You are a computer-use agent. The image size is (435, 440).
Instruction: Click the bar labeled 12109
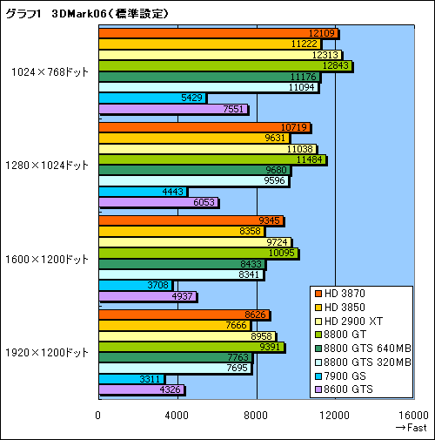(217, 33)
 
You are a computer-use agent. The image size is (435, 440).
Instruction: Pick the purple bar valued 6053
(158, 202)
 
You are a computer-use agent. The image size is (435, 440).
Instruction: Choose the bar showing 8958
(186, 335)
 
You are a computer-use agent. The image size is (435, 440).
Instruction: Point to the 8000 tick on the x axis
(256, 414)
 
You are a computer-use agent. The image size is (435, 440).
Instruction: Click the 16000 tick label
(413, 414)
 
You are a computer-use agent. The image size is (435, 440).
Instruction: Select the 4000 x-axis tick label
(177, 414)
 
